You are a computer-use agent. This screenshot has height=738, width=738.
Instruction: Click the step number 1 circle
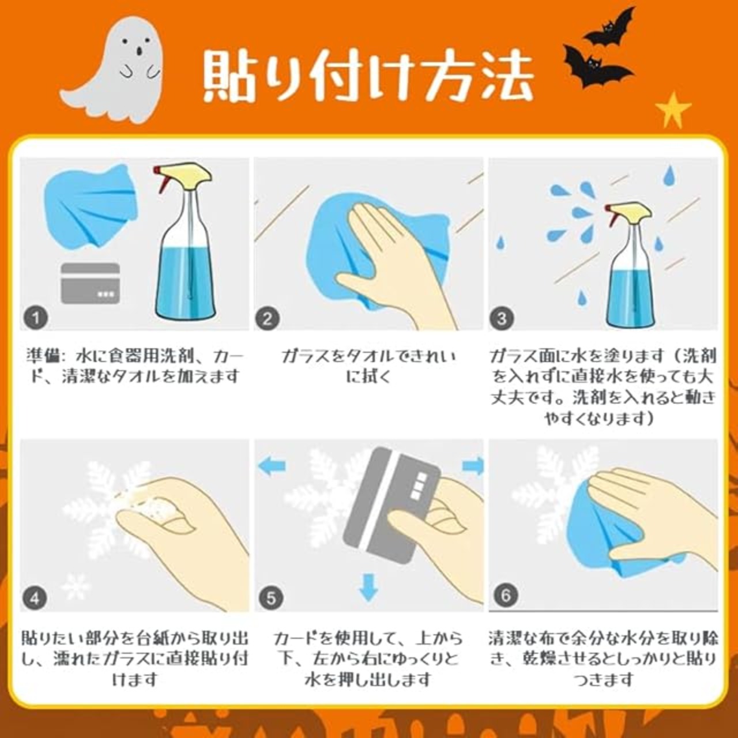click(x=36, y=318)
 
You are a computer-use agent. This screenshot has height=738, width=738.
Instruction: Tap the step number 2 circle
click(x=268, y=318)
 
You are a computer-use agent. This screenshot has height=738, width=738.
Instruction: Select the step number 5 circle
click(x=270, y=598)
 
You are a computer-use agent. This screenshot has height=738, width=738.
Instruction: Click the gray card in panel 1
click(x=91, y=284)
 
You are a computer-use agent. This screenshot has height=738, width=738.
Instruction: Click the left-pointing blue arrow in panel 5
click(x=272, y=466)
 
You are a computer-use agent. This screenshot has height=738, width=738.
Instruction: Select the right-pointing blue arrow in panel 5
click(x=473, y=466)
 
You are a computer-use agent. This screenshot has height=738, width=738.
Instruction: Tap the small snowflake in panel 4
click(x=76, y=586)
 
